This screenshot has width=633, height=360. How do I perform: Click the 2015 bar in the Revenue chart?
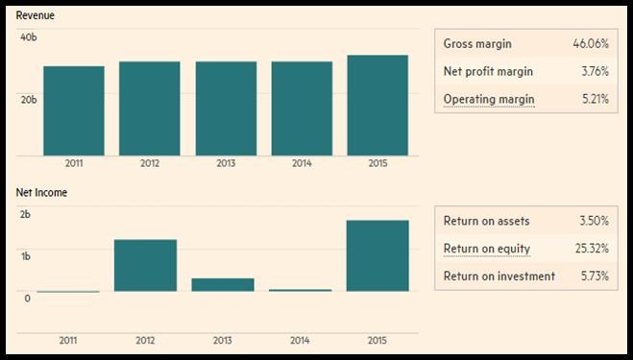(x=377, y=106)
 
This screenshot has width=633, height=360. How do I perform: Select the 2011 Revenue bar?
(x=74, y=111)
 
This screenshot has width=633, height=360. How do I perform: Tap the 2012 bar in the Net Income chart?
(x=145, y=265)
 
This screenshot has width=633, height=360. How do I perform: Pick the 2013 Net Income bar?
(x=223, y=284)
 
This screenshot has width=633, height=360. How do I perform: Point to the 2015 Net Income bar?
(x=377, y=255)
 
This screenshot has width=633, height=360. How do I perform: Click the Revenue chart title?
(x=36, y=15)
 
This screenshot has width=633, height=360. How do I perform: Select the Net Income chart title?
(x=41, y=193)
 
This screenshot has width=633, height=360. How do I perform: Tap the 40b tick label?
(x=29, y=37)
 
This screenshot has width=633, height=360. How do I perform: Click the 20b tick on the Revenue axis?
(x=29, y=99)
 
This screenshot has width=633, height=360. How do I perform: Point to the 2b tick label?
(x=25, y=214)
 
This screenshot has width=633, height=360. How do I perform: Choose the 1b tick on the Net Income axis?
(x=25, y=256)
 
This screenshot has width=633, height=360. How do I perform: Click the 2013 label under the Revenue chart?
(x=226, y=163)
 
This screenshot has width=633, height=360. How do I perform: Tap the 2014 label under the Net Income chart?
(x=300, y=340)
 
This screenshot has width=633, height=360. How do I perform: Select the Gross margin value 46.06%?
(x=591, y=43)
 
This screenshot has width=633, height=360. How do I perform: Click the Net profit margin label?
(x=488, y=71)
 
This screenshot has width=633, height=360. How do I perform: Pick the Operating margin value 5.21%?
(x=595, y=99)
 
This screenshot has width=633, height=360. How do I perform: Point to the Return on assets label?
(x=486, y=221)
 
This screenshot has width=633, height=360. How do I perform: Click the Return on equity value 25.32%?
(x=592, y=249)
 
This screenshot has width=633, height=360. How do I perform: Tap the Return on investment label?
(x=499, y=276)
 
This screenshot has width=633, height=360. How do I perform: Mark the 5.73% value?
(x=595, y=276)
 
